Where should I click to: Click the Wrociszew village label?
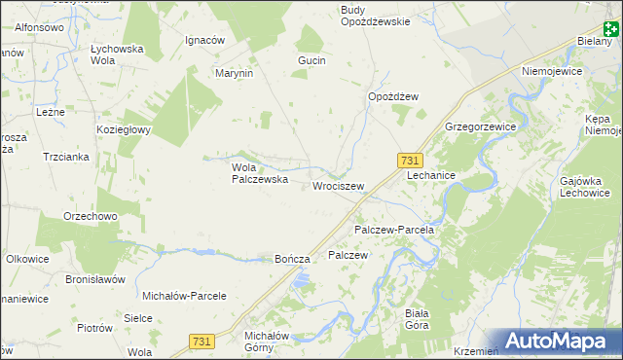click(x=339, y=186)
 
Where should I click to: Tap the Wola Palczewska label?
click(x=258, y=173)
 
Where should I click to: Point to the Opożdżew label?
click(x=392, y=96)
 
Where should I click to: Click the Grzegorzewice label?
click(x=480, y=127)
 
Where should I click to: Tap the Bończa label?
click(x=292, y=260)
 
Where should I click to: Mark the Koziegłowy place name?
click(x=122, y=129)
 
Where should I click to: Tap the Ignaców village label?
click(x=205, y=41)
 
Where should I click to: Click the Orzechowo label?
click(x=91, y=216)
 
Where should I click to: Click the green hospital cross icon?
click(x=610, y=32)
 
